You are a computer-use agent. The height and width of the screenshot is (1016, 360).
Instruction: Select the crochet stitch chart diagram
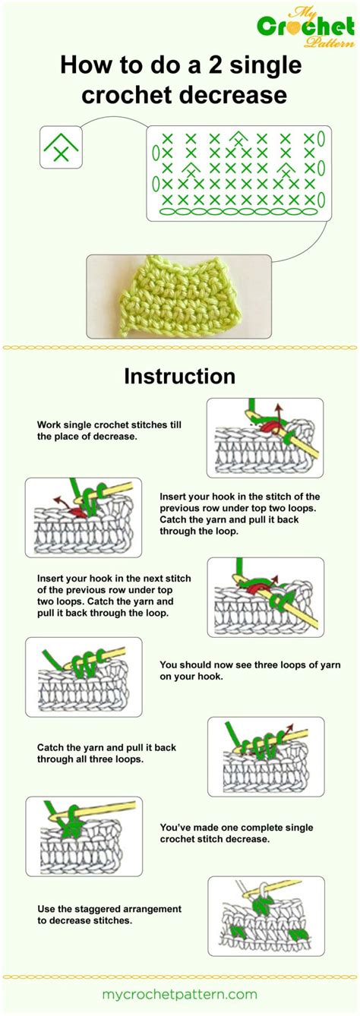coord(239,172)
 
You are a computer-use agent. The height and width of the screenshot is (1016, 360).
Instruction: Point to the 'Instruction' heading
coord(180,376)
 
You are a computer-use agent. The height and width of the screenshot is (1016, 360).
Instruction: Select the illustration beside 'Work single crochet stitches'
coord(265,437)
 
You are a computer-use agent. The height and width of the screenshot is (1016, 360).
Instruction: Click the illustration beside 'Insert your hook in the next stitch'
coord(265,596)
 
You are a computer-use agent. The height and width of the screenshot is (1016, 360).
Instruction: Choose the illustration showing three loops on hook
coord(84,677)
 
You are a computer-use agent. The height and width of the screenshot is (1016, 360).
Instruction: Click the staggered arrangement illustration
coord(265,915)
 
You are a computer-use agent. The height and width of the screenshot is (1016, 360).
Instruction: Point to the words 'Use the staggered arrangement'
coord(109,908)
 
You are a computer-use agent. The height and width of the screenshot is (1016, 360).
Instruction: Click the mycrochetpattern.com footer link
coord(179,994)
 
